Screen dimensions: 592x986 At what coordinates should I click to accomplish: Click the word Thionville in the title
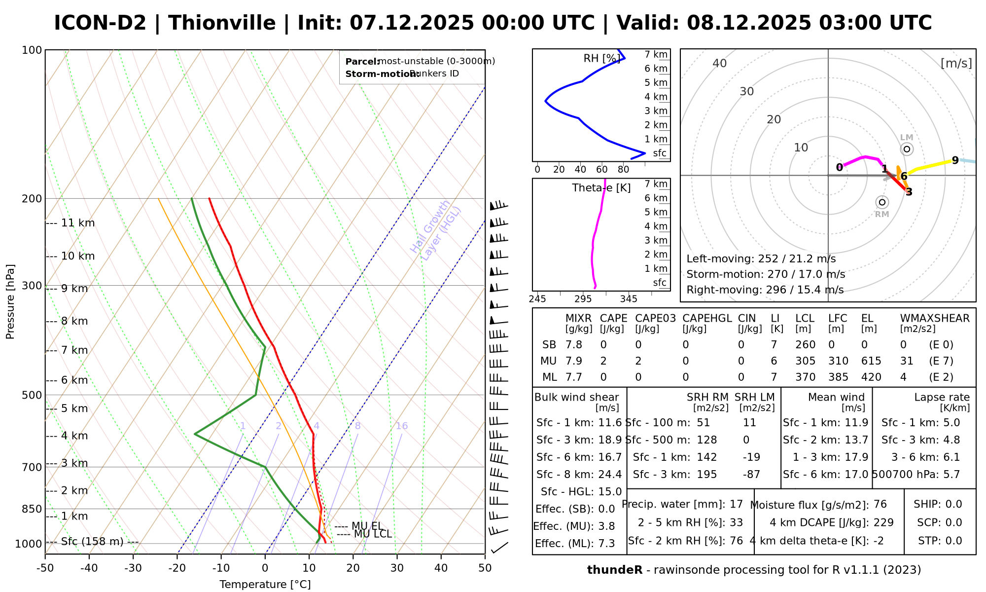222,23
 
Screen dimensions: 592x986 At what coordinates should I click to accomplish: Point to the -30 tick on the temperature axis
133,568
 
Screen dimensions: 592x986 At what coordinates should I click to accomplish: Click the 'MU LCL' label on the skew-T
365,534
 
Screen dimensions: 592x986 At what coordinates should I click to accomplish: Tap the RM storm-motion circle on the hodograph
882,202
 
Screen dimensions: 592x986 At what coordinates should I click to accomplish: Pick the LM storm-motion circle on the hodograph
907,149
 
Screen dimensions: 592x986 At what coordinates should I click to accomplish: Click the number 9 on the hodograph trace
955,160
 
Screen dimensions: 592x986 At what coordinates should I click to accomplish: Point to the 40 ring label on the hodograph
720,63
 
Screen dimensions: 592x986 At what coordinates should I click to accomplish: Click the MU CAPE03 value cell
638,361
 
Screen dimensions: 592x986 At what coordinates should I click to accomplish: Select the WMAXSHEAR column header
935,318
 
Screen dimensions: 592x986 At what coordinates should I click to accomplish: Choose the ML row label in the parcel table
549,377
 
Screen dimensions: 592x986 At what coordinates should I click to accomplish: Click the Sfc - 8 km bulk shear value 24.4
610,475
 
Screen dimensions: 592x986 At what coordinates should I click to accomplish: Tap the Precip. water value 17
736,504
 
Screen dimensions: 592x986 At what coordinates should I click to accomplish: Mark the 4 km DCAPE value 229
883,522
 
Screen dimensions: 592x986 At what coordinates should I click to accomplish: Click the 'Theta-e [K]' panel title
601,188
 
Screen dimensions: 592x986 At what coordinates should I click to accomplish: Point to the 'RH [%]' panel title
601,58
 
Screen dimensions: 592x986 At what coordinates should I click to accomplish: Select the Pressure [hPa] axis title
10,301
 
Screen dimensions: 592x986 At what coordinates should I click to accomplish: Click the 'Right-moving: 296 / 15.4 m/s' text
765,290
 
